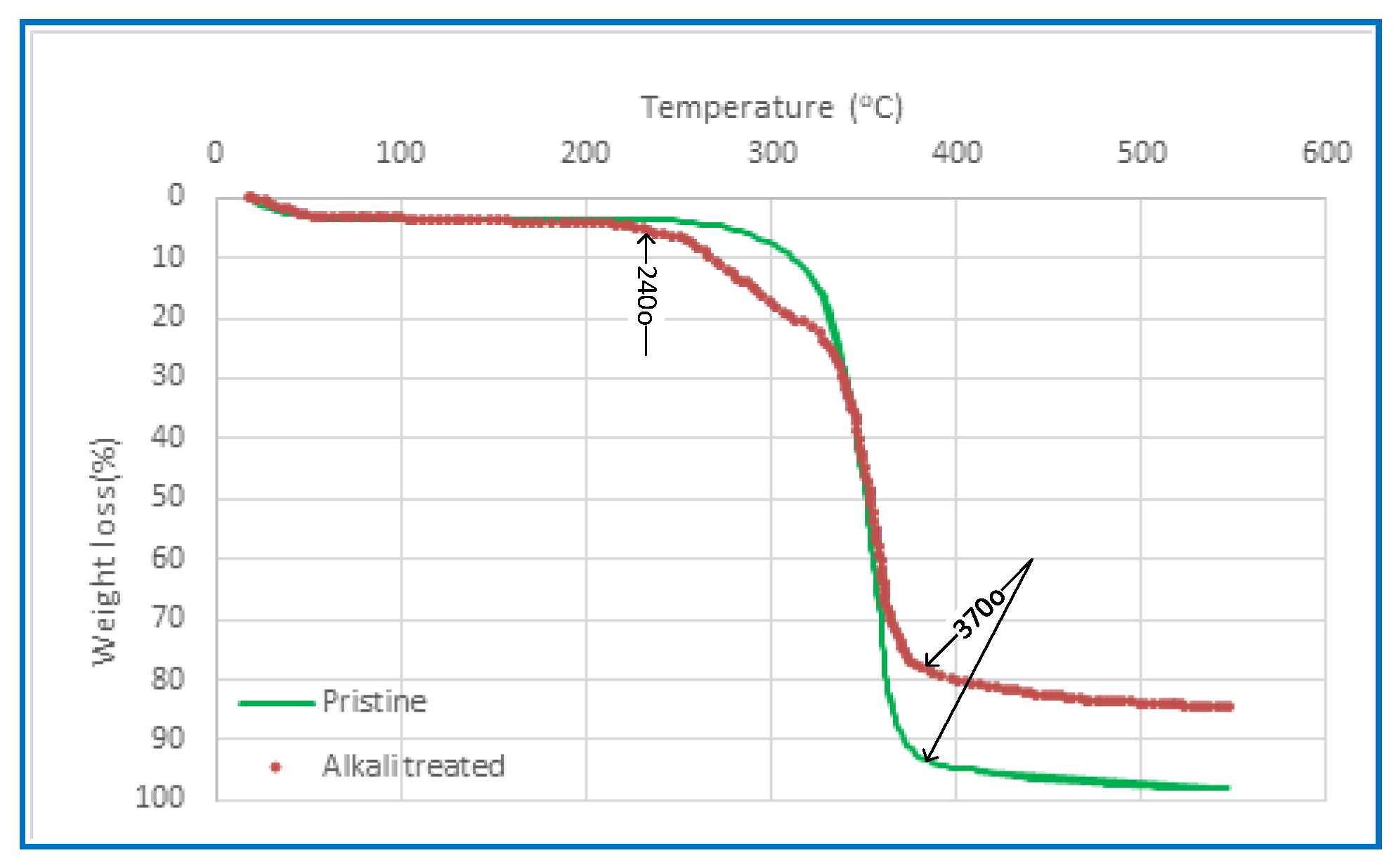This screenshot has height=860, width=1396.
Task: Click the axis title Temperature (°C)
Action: [x=771, y=108]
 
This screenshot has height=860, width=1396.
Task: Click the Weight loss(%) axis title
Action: [x=105, y=552]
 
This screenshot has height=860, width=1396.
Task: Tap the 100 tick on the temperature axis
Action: [x=400, y=153]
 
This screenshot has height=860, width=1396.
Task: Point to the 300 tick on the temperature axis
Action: [x=771, y=153]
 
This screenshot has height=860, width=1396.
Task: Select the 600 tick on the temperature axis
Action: [x=1326, y=153]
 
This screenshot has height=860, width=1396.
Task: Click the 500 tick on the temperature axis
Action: [x=1142, y=153]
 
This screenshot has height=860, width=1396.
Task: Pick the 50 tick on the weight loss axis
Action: [x=168, y=496]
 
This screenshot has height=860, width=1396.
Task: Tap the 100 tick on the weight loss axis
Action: [x=159, y=797]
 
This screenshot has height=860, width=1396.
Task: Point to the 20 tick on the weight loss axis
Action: [x=168, y=316]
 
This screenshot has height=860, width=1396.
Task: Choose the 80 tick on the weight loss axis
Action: [x=168, y=679]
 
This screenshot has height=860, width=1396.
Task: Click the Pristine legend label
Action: [x=374, y=702]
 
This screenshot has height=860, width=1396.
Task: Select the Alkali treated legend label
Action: [x=413, y=766]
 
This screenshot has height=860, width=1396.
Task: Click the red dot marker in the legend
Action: [x=276, y=767]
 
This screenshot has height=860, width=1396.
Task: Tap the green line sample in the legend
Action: [x=276, y=702]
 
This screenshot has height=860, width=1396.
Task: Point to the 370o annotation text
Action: [x=979, y=613]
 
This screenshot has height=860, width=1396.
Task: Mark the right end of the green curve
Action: [x=1227, y=788]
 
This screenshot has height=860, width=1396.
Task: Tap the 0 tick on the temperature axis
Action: [x=215, y=153]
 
